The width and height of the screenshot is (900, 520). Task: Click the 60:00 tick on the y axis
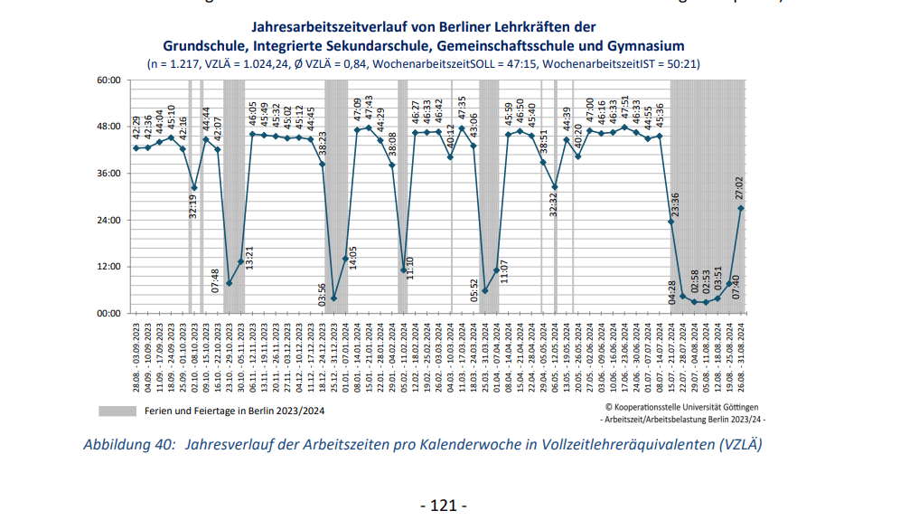click(108, 80)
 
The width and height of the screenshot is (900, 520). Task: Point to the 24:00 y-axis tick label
click(108, 220)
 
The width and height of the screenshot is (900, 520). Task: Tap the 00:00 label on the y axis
click(108, 313)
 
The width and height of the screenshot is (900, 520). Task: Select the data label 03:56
click(323, 295)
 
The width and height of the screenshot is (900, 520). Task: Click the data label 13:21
click(250, 259)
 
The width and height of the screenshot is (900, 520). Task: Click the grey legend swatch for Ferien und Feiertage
click(117, 411)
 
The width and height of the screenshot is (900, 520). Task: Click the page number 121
click(444, 506)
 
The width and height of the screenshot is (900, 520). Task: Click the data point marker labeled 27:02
click(741, 208)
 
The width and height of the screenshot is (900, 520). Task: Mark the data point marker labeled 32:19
click(194, 187)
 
